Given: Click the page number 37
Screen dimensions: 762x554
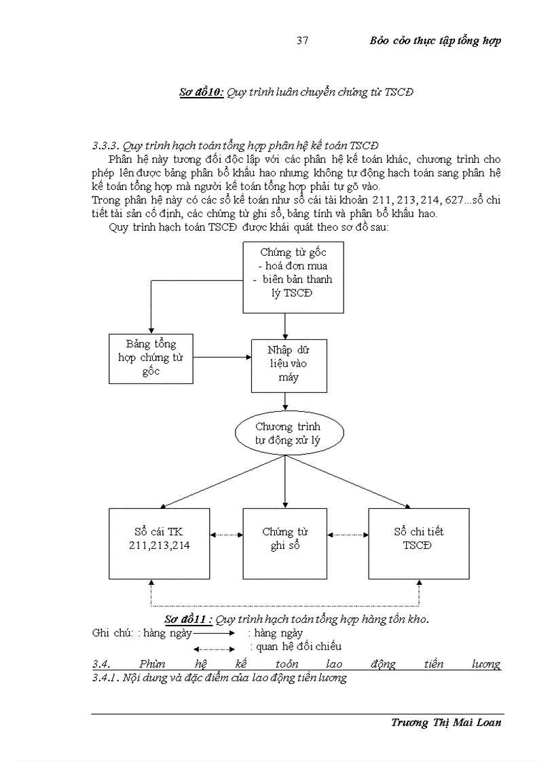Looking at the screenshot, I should pos(303,41).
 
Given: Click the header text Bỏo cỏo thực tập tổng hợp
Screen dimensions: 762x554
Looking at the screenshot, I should pos(435,41).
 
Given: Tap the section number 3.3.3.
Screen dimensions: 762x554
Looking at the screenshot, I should pos(106,146).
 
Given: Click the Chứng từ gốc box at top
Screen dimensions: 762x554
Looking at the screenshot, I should pos(293,277).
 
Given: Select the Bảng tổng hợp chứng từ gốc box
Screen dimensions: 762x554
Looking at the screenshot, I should pos(151,358).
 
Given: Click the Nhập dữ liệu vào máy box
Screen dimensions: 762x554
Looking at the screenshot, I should pos(289,366).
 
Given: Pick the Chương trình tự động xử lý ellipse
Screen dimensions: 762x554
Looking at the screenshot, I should pos(289,434).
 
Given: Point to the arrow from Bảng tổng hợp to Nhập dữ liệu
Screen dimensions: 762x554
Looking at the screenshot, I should pos(222,356).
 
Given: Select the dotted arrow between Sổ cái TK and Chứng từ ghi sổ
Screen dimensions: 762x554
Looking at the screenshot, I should pos(226,535).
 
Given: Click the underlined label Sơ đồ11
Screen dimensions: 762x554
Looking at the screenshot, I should pos(188,620).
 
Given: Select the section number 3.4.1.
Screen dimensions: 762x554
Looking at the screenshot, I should pos(105,678).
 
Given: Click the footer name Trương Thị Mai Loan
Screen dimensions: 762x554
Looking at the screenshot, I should pos(446,722).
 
